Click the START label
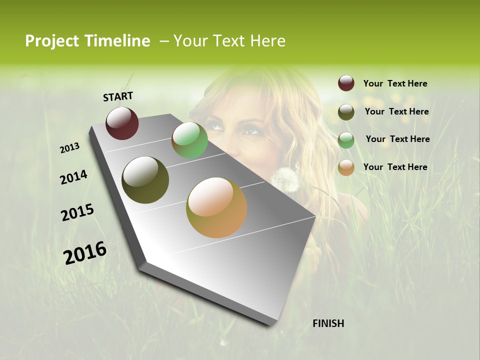coord(118,96)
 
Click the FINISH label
coord(328,323)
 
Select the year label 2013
coord(69,148)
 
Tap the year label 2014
coord(73,177)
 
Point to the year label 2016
coord(85,253)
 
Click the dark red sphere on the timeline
coord(122,123)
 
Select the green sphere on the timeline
coord(189,140)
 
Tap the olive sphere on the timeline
coord(145,180)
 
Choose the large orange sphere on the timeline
coord(216,207)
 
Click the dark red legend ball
coord(346,83)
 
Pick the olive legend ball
coord(346,112)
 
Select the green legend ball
coord(346,140)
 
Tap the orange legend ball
coord(346,167)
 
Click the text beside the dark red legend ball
coord(395,83)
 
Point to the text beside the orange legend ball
coord(395,167)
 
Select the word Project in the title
coord(52,41)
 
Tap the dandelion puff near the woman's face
coord(285,179)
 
